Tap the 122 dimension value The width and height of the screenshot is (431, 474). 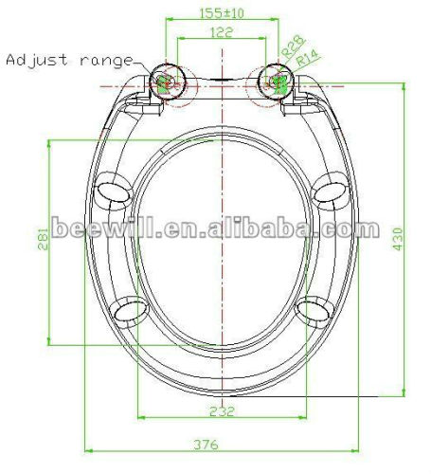222,33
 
